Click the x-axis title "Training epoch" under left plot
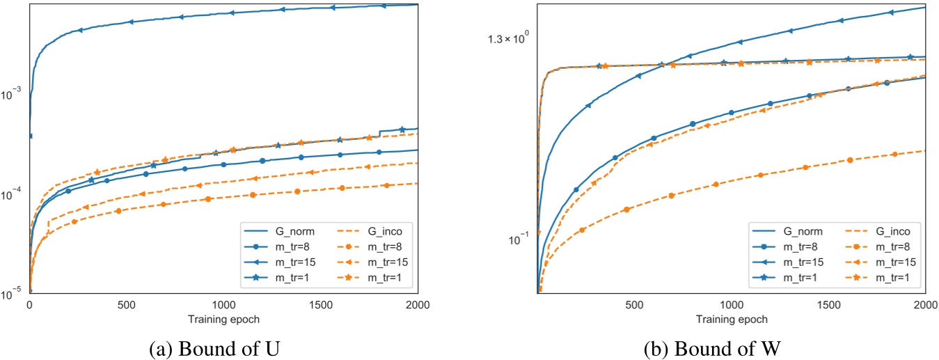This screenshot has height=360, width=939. pyautogui.click(x=223, y=319)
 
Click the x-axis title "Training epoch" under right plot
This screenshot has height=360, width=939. pyautogui.click(x=732, y=319)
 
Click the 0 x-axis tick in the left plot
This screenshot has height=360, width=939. pyautogui.click(x=29, y=305)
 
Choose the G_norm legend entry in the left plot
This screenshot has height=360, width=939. pyautogui.click(x=277, y=230)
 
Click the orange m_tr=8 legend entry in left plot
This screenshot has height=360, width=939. pyautogui.click(x=370, y=246)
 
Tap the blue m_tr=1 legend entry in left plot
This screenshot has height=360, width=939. pyautogui.click(x=277, y=277)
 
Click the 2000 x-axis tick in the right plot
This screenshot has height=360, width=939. pyautogui.click(x=924, y=305)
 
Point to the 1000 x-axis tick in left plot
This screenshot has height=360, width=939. pyautogui.click(x=223, y=305)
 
